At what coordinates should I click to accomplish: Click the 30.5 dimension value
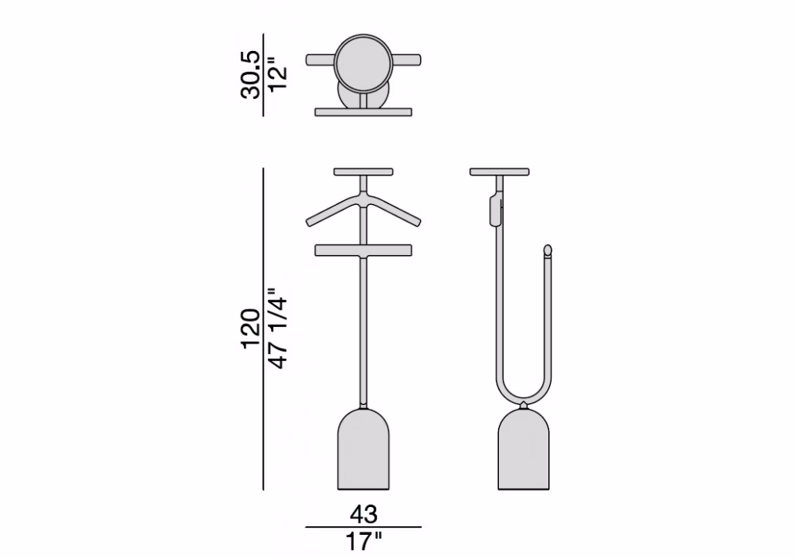point(250,75)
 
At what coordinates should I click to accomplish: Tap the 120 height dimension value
point(250,328)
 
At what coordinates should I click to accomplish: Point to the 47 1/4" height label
point(278,328)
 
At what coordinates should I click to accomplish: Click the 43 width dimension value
point(363,514)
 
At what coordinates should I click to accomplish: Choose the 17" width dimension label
point(363,542)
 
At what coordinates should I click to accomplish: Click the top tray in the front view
point(363,172)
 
